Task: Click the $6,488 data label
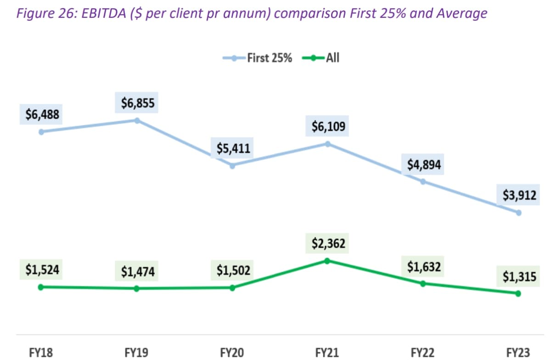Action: [42, 115]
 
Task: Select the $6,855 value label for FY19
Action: [138, 103]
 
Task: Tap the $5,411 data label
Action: [233, 149]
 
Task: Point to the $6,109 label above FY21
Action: [328, 127]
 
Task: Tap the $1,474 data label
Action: [138, 272]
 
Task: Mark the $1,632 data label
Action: [423, 267]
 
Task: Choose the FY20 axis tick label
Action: [232, 353]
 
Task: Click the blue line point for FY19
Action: [137, 120]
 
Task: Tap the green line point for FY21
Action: [327, 261]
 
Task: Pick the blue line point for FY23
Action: [518, 213]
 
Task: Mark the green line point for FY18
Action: [40, 287]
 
